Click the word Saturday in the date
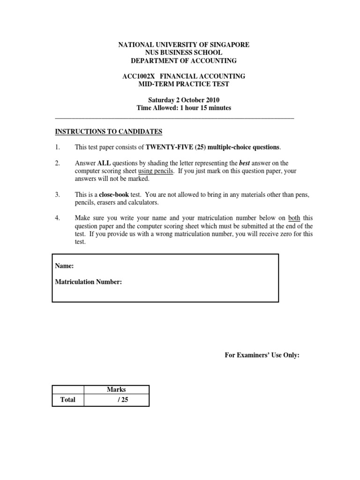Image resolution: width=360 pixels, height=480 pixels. click(162, 100)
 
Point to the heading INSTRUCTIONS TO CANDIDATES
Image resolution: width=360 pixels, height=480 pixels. click(109, 131)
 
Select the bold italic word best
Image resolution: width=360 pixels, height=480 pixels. click(245, 163)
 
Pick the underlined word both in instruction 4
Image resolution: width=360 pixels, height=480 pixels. click(294, 218)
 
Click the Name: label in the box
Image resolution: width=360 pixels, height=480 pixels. click(65, 266)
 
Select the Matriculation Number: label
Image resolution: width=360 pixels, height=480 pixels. click(89, 282)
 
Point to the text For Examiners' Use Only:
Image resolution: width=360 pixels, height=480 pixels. click(262, 355)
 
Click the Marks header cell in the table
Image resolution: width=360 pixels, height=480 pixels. click(116, 390)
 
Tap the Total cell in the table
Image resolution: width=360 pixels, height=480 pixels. click(67, 400)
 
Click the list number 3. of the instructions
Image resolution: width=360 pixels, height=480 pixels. click(58, 195)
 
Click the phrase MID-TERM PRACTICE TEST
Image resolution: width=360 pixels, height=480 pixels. click(183, 84)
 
